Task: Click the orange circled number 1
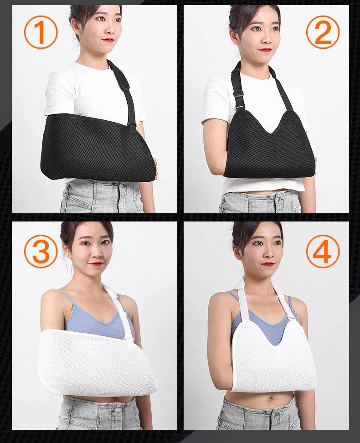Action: point(41,32)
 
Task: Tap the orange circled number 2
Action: point(323,31)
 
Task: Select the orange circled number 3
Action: point(41,251)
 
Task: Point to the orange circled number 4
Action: point(323,251)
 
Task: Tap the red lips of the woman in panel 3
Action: point(96,264)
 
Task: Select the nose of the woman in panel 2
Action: point(267,38)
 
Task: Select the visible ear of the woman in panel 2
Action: point(233,36)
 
